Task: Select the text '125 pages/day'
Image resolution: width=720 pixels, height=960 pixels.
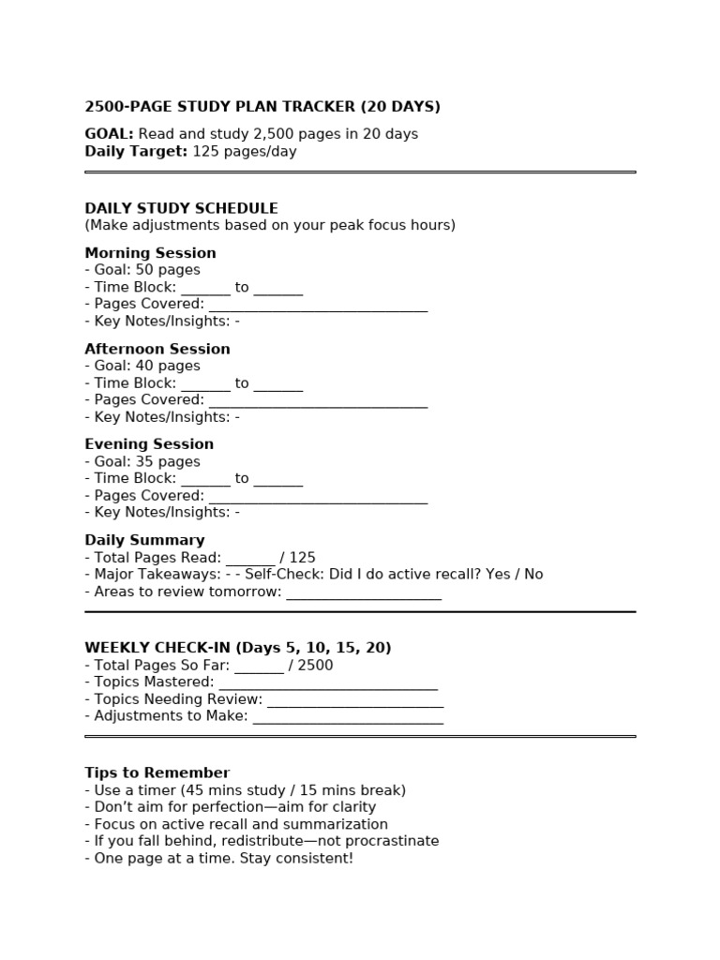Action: (245, 152)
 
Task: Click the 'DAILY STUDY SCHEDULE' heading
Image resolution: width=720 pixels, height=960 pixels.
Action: (181, 208)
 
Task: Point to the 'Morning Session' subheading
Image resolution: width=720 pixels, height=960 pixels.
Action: (150, 253)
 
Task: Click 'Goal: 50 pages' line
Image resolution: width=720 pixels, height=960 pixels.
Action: (142, 270)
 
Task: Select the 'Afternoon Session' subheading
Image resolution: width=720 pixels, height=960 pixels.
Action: (157, 349)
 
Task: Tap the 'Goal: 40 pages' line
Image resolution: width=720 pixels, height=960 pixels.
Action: (142, 366)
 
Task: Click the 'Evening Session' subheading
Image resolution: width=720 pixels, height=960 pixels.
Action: (149, 444)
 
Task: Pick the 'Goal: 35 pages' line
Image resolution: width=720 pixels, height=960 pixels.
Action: (142, 461)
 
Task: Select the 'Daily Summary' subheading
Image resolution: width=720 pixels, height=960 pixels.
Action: (144, 540)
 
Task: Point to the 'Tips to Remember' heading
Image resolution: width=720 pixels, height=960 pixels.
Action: (157, 773)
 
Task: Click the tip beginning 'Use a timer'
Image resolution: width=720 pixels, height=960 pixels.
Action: (246, 790)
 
